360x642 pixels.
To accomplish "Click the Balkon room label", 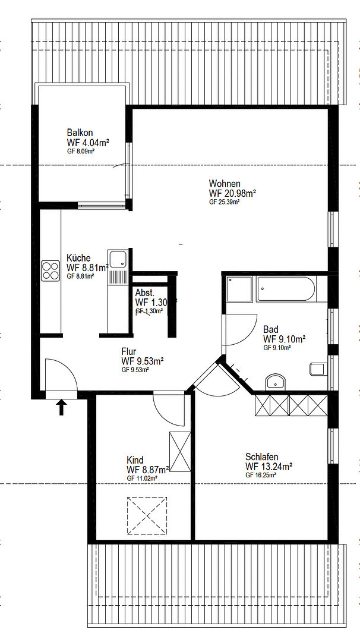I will (x=80, y=133).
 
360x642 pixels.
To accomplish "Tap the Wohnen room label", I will (x=225, y=183).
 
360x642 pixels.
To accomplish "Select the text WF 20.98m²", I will (x=232, y=193).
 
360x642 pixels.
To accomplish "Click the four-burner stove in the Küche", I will (x=49, y=270).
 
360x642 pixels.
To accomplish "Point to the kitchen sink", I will (x=118, y=259).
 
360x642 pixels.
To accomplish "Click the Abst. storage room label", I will (x=145, y=293).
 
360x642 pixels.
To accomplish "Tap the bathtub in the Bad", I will (x=287, y=289).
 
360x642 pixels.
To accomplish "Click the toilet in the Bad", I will (x=318, y=369).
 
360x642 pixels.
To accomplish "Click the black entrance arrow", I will (x=61, y=408).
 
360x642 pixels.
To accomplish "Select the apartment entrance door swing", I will (x=59, y=374).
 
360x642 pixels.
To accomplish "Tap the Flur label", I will (x=130, y=351).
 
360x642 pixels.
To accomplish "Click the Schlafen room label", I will (x=261, y=457).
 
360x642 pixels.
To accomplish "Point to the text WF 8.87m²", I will (x=148, y=469).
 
